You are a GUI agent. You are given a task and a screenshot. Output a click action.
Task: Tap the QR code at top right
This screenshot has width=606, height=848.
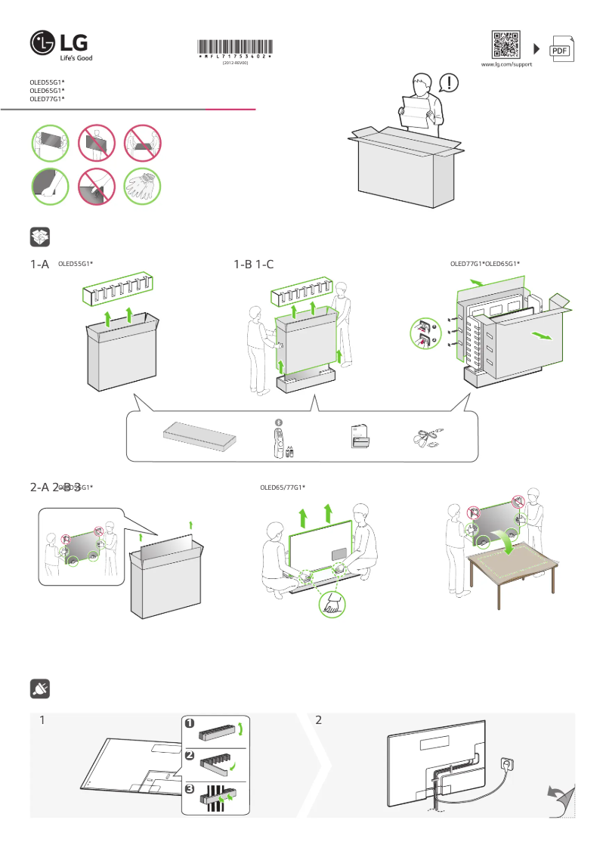506,45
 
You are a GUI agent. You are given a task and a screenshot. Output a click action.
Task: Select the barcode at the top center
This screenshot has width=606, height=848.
235,48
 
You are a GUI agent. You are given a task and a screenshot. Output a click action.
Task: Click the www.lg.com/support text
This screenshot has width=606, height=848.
506,65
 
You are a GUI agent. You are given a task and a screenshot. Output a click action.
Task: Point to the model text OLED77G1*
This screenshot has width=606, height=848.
47,99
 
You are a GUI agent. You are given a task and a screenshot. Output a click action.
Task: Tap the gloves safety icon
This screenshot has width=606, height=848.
143,185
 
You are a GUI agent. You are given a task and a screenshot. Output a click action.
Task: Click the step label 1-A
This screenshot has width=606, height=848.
39,265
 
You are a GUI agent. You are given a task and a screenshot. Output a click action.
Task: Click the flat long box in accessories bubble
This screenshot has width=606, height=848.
200,437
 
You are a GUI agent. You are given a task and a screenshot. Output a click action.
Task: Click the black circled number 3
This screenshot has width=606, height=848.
190,789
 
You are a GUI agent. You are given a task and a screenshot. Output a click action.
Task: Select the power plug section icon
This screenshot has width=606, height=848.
40,689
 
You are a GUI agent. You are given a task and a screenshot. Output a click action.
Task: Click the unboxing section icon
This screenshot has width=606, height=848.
40,237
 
